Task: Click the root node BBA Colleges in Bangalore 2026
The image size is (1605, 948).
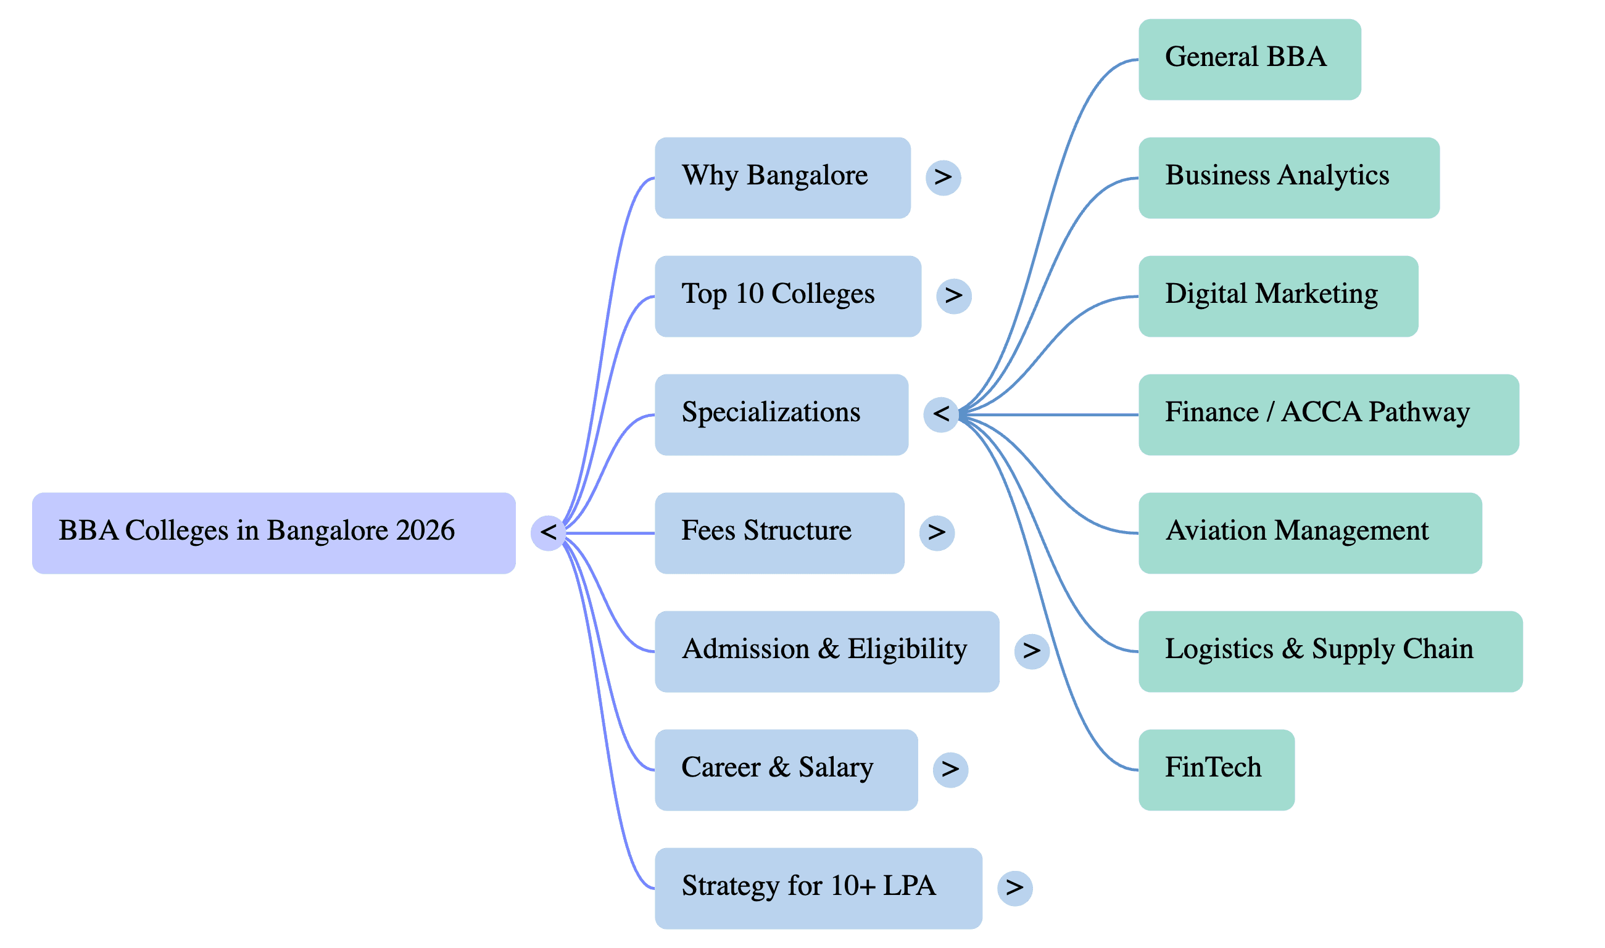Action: click(x=273, y=533)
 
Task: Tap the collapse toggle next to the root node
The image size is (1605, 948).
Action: click(x=548, y=533)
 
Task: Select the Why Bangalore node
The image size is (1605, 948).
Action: click(x=782, y=178)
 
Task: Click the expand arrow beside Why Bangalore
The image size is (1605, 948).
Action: click(x=943, y=178)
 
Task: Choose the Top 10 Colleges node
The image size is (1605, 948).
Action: click(x=787, y=296)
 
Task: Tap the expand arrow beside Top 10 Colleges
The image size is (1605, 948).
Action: click(x=953, y=296)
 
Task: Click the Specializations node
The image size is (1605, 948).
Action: click(x=781, y=414)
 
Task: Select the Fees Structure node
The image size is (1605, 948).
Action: click(x=779, y=533)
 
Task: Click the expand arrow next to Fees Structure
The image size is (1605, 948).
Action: click(x=937, y=533)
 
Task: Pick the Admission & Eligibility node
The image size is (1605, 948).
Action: click(x=826, y=651)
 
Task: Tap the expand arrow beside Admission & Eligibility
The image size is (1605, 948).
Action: click(x=1031, y=651)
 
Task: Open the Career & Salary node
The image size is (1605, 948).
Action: click(x=786, y=770)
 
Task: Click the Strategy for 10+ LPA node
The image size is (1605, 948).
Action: click(x=818, y=888)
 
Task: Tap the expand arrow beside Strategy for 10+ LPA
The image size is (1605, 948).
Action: click(x=1014, y=888)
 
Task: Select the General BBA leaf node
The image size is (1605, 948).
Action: click(x=1249, y=59)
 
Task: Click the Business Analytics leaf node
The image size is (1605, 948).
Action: click(x=1288, y=178)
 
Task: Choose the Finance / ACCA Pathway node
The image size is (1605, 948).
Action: click(x=1329, y=414)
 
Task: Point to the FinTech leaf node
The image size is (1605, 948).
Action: click(x=1216, y=770)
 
